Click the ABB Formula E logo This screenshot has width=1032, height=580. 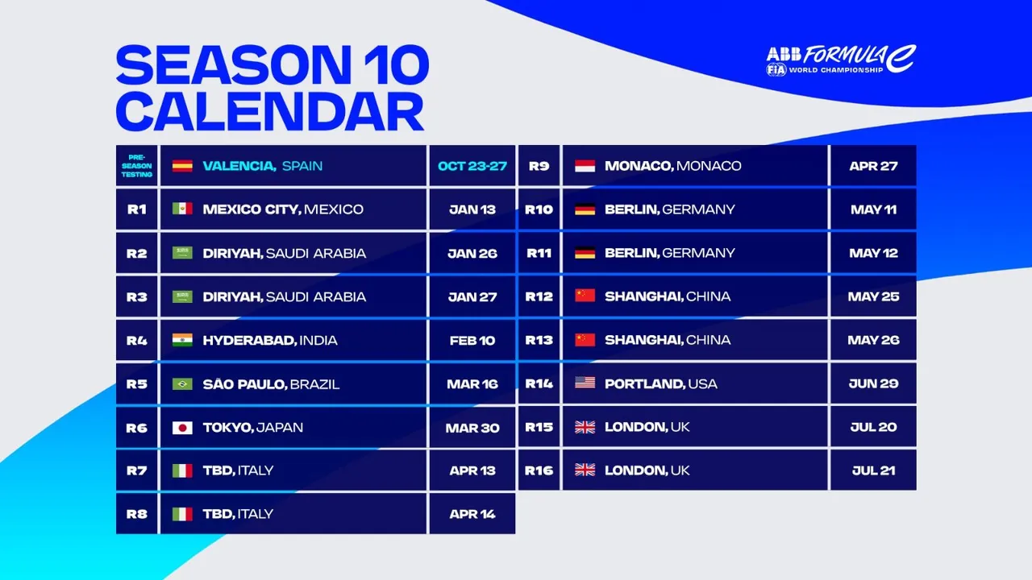841,60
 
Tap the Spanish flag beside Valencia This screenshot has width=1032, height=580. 182,166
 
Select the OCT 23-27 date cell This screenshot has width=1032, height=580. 472,166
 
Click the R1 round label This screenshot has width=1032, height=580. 137,209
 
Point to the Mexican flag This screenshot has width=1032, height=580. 182,209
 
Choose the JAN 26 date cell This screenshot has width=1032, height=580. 472,253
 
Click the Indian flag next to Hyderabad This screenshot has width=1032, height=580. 182,340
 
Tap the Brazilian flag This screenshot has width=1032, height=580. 182,383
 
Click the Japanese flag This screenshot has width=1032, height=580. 182,428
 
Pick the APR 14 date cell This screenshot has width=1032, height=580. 472,514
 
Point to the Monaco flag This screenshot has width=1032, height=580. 585,166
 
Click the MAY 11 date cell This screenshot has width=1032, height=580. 873,209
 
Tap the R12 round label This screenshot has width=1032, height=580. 539,296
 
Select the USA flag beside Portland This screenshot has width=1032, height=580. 585,383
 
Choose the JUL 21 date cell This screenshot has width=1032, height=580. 873,470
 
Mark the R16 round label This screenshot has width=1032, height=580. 539,470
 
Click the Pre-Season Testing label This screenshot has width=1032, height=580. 137,166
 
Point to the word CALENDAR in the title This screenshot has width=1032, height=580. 270,112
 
